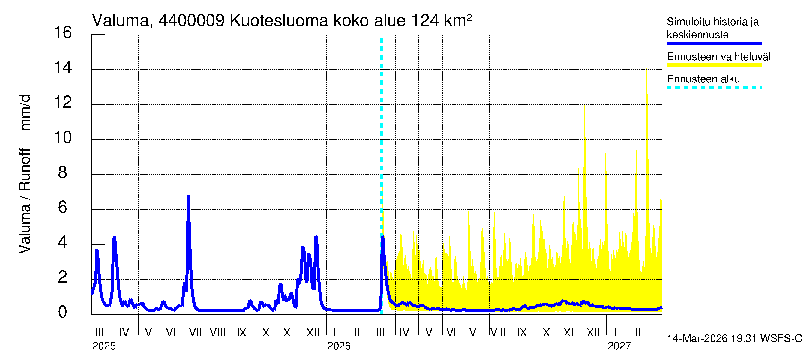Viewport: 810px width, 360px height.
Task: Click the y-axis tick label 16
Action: tap(63, 32)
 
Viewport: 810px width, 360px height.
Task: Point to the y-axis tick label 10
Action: tap(63, 137)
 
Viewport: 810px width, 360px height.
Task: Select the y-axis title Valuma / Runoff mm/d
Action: tap(25, 174)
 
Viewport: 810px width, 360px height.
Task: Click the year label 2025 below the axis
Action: tap(104, 346)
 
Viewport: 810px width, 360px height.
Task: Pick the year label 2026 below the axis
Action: tap(339, 346)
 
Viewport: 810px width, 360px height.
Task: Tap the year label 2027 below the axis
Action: tap(619, 346)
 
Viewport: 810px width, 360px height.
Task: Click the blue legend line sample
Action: tap(714, 43)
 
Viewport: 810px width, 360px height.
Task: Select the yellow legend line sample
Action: tap(714, 65)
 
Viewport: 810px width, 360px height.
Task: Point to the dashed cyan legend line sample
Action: tap(714, 88)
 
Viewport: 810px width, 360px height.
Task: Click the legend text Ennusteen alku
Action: tap(703, 79)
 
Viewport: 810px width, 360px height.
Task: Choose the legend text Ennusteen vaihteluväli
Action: tap(720, 57)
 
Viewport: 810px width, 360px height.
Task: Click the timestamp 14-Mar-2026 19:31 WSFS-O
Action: tap(734, 339)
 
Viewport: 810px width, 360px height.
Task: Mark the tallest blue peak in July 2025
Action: tap(188, 197)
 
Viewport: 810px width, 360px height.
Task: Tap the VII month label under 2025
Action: tap(195, 332)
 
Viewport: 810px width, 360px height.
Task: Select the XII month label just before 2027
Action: tap(593, 332)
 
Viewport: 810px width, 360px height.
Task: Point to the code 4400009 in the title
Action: tap(191, 21)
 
